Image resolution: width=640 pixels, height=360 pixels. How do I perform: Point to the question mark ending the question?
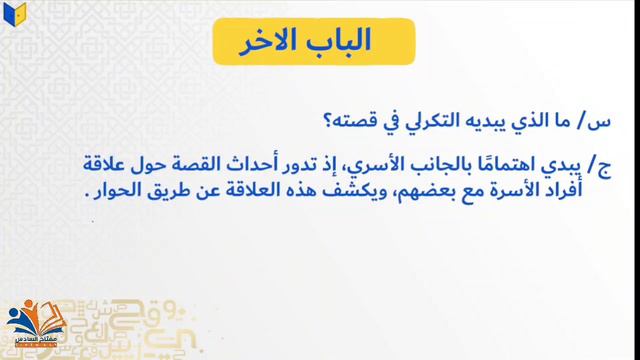point(332,121)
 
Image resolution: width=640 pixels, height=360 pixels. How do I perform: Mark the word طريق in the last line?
point(180,190)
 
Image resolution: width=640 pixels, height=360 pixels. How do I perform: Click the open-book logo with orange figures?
point(36,325)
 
